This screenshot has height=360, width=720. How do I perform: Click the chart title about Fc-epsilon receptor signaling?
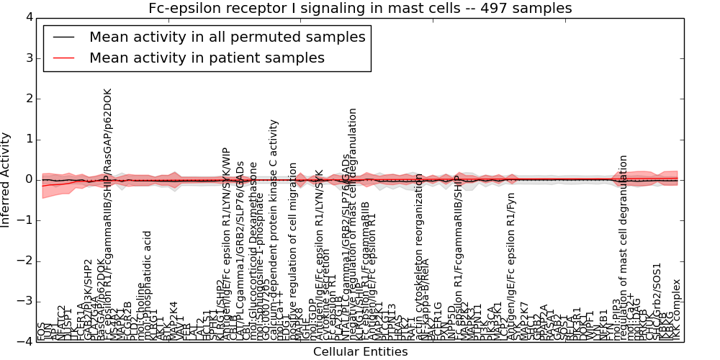click(360, 9)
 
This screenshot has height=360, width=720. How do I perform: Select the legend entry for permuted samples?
click(227, 37)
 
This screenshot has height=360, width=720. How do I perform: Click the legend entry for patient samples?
click(207, 58)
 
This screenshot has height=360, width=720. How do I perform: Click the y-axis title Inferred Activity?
click(6, 179)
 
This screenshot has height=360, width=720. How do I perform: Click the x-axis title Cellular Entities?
click(360, 352)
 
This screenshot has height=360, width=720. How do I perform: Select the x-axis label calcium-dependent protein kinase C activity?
click(274, 230)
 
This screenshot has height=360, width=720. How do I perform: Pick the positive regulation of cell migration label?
click(293, 252)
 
